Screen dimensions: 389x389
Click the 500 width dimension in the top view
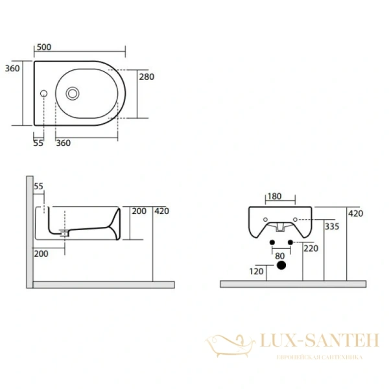(43, 47)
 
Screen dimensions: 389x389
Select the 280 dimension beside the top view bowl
(146, 77)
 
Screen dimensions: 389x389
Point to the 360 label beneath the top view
(64, 143)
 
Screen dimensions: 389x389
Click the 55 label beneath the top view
(38, 143)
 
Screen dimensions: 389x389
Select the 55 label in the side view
(38, 186)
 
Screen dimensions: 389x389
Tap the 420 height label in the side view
(162, 210)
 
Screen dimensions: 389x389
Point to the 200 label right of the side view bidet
(139, 211)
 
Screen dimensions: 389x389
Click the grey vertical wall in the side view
(29, 231)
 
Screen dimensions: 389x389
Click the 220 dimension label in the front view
(311, 248)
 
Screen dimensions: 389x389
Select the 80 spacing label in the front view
(280, 256)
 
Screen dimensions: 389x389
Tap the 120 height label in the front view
(256, 271)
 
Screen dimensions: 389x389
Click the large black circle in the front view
(281, 266)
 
